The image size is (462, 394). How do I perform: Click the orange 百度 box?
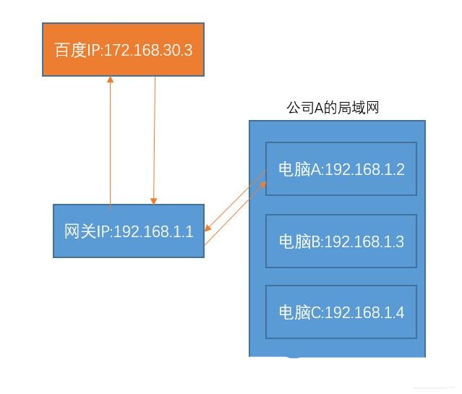pyautogui.click(x=123, y=49)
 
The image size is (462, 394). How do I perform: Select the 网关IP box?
pyautogui.click(x=129, y=231)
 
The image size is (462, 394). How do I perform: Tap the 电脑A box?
pyautogui.click(x=341, y=168)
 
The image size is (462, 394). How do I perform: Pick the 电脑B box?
pyautogui.click(x=341, y=241)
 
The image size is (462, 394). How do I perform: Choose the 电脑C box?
pyautogui.click(x=341, y=312)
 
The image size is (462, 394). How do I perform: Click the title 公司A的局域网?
pyautogui.click(x=333, y=108)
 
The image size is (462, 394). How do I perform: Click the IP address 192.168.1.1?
pyautogui.click(x=154, y=231)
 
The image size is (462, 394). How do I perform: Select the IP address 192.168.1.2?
pyautogui.click(x=364, y=169)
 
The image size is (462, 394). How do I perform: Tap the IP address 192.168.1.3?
pyautogui.click(x=364, y=241)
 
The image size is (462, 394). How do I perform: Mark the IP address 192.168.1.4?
pyautogui.click(x=364, y=313)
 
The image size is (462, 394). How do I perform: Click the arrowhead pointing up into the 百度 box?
pyautogui.click(x=110, y=80)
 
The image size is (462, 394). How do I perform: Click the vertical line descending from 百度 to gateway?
pyautogui.click(x=154, y=137)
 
